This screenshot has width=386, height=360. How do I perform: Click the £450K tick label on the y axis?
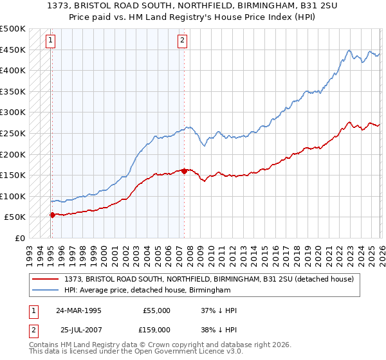tap(13, 50)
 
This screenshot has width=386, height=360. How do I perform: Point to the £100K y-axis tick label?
tap(13, 196)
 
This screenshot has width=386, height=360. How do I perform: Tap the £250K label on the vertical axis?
tap(13, 133)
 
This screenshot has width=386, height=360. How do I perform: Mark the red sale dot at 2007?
tap(184, 171)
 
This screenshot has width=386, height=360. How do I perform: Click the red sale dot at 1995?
tap(52, 215)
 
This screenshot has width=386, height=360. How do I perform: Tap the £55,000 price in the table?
tap(156, 310)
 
